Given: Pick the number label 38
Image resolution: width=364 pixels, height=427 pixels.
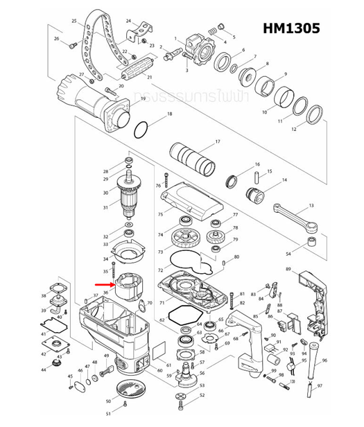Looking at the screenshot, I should [x=43, y=297].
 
